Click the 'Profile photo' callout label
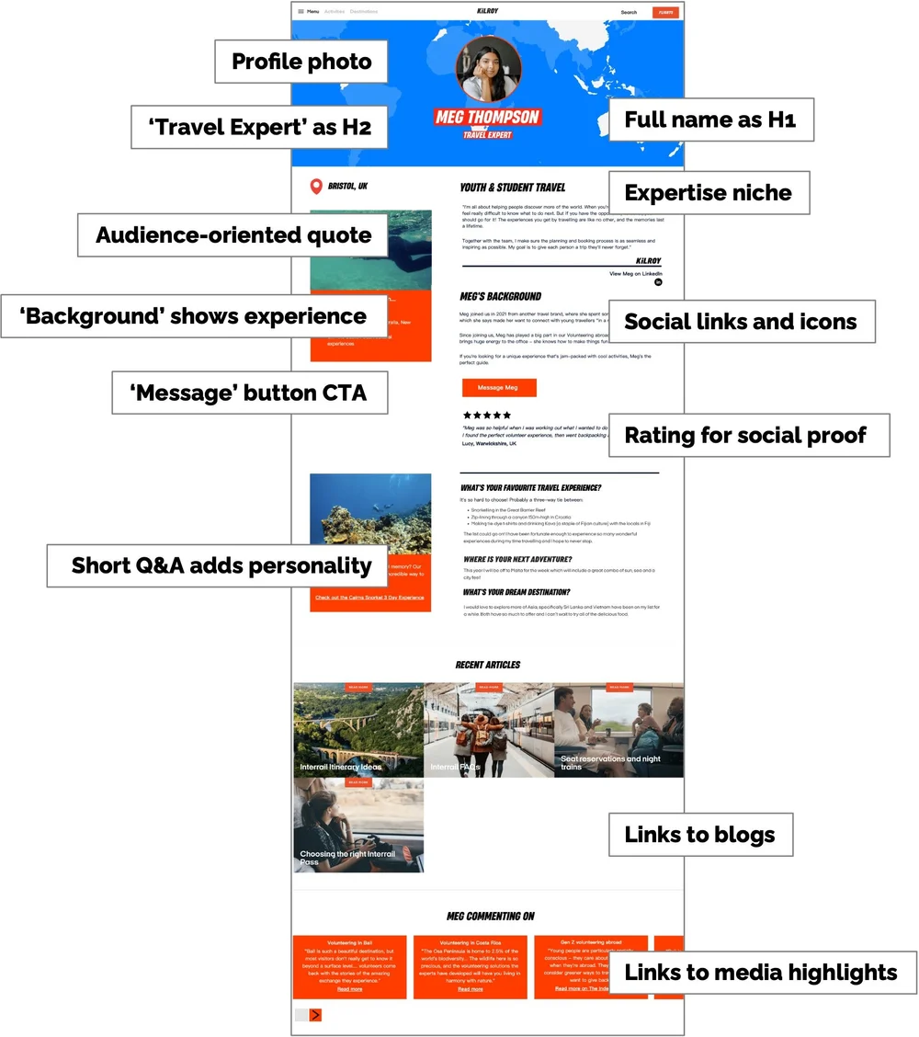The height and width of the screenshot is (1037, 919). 301,63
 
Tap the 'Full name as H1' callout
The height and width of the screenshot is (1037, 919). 710,120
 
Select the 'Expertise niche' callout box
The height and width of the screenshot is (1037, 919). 708,193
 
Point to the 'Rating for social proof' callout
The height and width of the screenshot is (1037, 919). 745,435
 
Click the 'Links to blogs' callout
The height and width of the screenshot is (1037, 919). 700,835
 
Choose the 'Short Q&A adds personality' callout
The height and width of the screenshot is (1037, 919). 221,565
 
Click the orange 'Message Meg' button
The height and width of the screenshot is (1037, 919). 497,387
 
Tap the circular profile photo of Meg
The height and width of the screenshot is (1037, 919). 488,69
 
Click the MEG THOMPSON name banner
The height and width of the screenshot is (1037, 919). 487,117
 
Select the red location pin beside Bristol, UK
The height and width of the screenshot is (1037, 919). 317,187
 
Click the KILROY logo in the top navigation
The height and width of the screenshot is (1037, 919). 487,11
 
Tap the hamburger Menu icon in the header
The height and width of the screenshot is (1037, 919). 301,12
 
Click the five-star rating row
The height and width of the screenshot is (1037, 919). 487,416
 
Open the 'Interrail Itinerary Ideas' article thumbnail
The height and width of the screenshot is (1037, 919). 358,729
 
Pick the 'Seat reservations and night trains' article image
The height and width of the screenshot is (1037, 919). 618,729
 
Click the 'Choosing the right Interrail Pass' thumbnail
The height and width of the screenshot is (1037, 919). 358,824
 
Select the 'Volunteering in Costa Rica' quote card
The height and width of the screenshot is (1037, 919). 470,966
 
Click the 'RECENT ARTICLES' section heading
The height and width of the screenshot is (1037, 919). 487,665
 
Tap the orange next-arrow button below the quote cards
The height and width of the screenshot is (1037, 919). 315,1015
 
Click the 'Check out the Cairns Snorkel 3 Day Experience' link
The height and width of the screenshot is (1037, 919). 369,598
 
